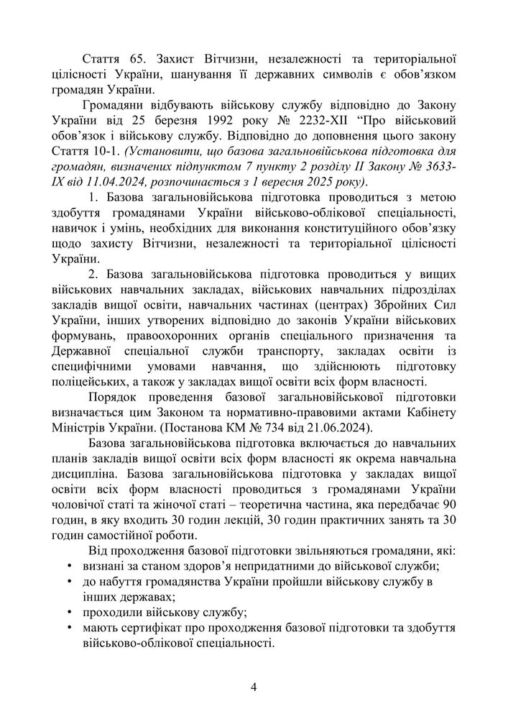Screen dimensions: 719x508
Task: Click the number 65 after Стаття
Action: (137, 58)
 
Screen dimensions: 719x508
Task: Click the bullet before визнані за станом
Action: (70, 567)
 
